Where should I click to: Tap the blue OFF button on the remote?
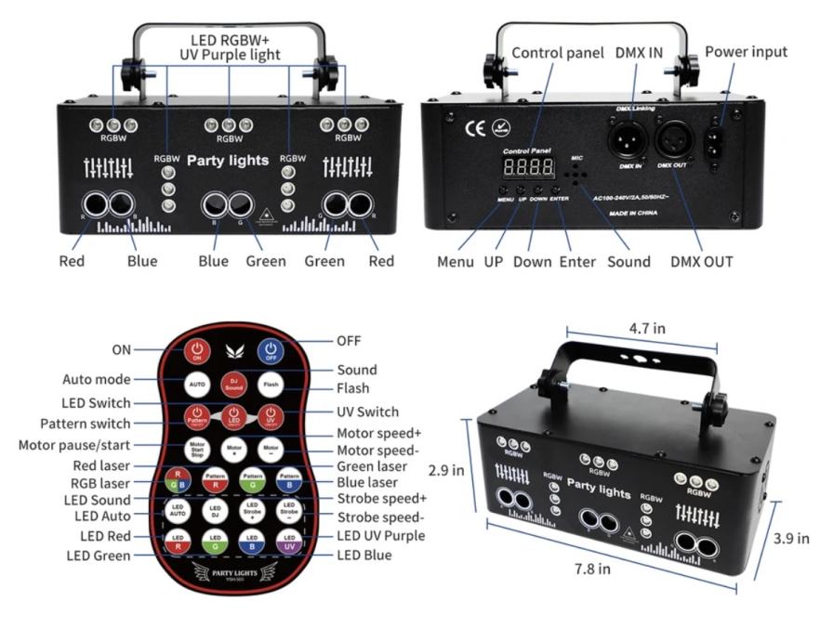coord(270,350)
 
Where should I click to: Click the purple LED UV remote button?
coord(291,541)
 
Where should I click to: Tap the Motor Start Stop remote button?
coord(196,447)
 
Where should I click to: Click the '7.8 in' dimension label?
coord(592,569)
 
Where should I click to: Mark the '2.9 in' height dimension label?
coord(444,472)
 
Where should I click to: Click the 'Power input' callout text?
coord(746,52)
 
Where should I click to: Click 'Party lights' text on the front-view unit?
coord(228,161)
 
